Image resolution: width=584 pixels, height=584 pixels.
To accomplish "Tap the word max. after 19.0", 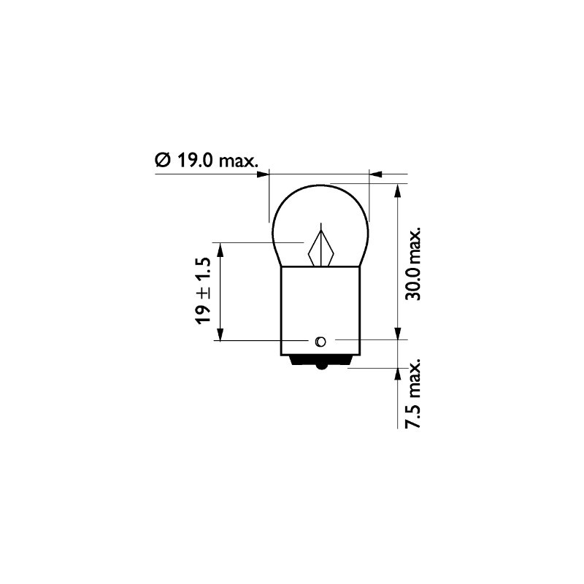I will [238, 160].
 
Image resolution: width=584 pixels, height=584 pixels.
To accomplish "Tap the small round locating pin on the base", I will [320, 341].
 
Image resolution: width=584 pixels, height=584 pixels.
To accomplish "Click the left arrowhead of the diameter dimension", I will [264, 174].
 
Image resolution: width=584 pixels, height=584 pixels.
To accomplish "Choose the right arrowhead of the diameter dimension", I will [375, 174].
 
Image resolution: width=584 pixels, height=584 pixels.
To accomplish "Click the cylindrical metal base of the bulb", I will [320, 307].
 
